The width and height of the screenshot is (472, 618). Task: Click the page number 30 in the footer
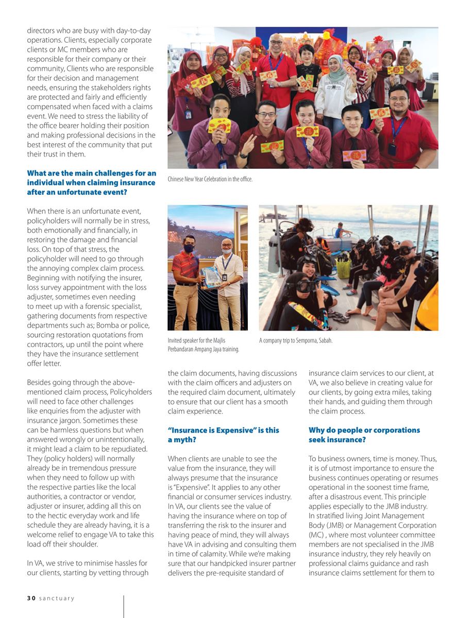pyautogui.click(x=30, y=598)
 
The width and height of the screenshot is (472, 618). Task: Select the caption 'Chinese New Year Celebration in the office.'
pyautogui.click(x=210, y=179)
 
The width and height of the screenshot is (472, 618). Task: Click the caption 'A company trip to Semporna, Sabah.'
pyautogui.click(x=295, y=340)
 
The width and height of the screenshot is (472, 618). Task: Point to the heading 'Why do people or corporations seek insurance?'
pyautogui.click(x=364, y=435)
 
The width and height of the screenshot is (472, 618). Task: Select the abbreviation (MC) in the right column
pyautogui.click(x=316, y=535)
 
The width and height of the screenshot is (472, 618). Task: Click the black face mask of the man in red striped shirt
pyautogui.click(x=189, y=248)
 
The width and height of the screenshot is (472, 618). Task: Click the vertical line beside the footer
pyautogui.click(x=124, y=606)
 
